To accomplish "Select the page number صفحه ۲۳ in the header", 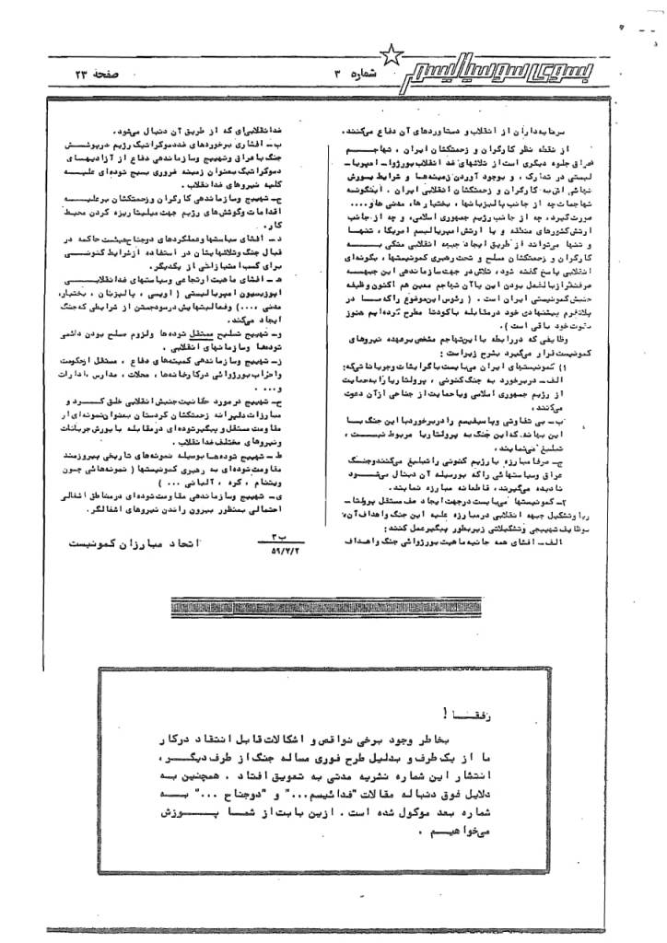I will coord(94,72).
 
